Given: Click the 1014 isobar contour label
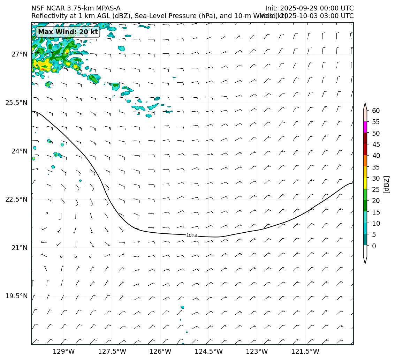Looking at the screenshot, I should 191,236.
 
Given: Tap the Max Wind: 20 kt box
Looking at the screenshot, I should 68,32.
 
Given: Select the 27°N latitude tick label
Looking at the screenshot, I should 19,54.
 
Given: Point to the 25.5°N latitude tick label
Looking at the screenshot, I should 16,103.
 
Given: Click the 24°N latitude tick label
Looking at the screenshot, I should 19,151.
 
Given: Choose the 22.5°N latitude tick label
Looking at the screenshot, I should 16,200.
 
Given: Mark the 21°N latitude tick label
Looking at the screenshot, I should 19,248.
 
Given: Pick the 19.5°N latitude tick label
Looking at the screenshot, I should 16,296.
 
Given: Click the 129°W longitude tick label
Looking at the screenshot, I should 64,352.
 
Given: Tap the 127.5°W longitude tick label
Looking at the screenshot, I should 112,352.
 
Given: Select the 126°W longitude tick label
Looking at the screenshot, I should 160,352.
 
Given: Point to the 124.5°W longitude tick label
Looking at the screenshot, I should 208,352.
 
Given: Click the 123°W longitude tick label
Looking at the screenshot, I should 257,352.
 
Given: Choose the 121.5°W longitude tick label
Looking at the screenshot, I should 305,352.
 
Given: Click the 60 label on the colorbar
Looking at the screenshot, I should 376,111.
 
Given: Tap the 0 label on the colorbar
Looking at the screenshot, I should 374,246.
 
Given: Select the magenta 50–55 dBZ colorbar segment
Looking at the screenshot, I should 365,127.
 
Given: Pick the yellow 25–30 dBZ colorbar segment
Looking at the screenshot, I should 365,183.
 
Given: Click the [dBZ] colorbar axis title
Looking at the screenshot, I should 386,184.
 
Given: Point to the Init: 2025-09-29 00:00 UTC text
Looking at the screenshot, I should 309,8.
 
